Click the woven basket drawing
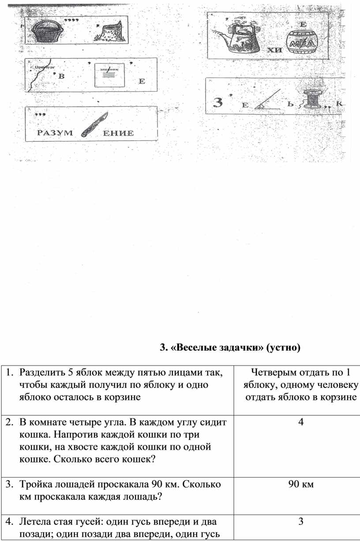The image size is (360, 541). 43,31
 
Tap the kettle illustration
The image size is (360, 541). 240,36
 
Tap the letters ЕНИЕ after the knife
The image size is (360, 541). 118,133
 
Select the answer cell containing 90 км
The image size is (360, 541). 301,485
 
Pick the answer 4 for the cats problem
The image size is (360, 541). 301,422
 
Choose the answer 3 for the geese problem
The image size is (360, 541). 301,522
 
